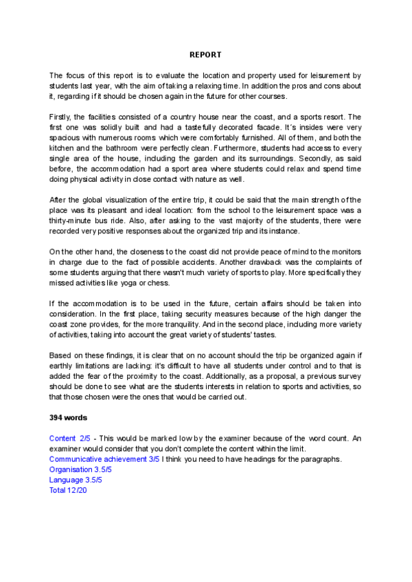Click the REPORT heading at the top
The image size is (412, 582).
click(206, 54)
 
